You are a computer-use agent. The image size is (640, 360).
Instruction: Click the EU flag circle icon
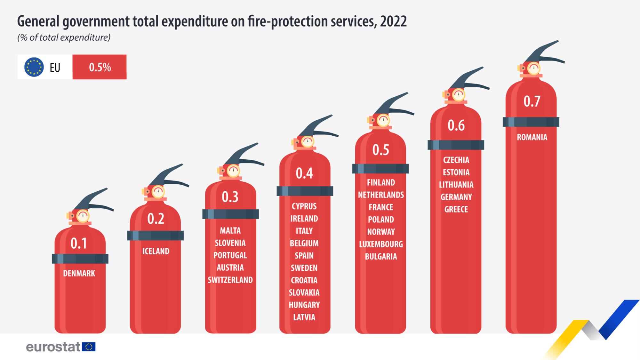[34, 67]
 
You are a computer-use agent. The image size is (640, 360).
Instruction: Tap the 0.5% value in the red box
[100, 67]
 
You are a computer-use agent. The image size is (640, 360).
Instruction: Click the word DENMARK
[79, 273]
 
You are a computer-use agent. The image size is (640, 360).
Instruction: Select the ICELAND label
[156, 251]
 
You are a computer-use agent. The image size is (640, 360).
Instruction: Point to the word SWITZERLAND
[230, 280]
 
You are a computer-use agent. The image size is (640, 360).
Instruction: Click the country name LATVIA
[304, 317]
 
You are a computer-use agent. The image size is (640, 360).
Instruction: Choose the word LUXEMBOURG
[381, 244]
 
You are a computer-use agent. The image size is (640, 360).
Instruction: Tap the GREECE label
[456, 209]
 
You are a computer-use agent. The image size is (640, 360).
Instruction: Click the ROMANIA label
[532, 137]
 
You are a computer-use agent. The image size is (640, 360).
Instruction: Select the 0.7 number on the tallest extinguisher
[532, 101]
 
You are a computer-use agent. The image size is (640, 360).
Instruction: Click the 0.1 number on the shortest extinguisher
[79, 244]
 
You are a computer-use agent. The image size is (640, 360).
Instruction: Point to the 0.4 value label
[304, 173]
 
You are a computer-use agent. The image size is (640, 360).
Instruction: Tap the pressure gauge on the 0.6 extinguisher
[459, 95]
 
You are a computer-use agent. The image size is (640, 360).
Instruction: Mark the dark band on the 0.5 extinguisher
[380, 169]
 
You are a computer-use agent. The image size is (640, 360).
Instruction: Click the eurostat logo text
[53, 347]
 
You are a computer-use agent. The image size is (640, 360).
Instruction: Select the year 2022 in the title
[393, 21]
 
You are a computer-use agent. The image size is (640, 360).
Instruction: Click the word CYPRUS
[304, 206]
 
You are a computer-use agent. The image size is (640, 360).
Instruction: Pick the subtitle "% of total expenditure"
[64, 38]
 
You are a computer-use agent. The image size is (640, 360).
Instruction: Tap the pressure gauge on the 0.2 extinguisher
[158, 192]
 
